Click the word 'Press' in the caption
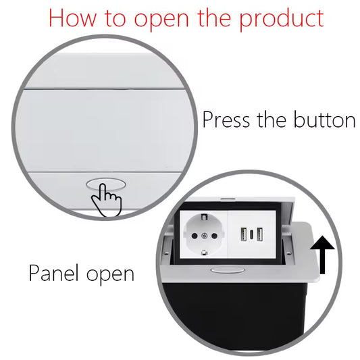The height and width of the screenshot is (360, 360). [x=226, y=120]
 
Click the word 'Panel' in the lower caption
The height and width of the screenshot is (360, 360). [x=55, y=274]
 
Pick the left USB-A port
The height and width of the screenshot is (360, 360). [x=241, y=234]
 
